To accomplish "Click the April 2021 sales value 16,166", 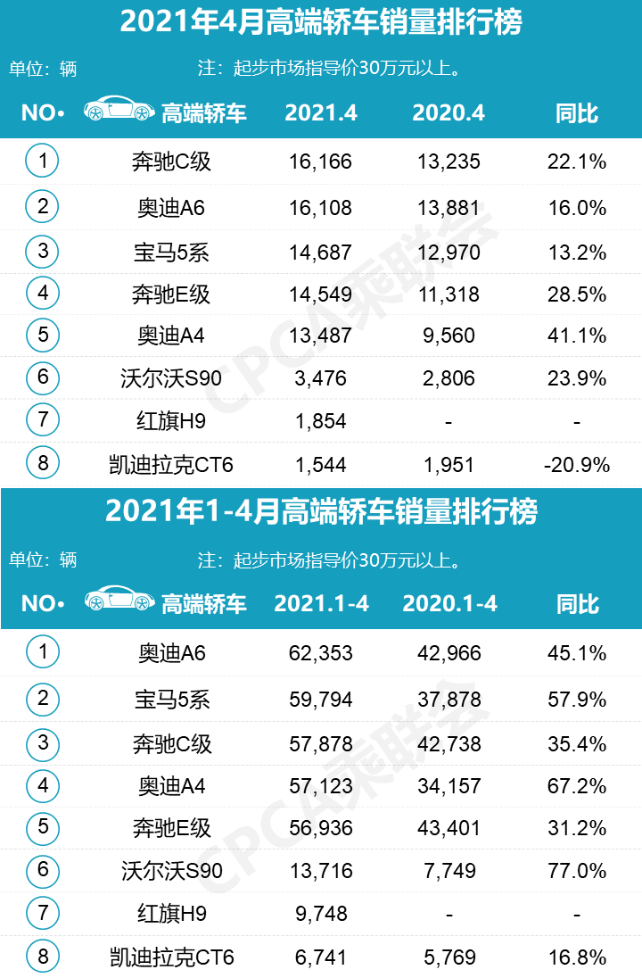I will click(321, 162).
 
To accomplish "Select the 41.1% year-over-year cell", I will click(576, 336).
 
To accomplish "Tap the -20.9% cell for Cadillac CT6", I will click(576, 465).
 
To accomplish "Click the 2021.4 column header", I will click(321, 113).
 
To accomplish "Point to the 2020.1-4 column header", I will click(449, 603).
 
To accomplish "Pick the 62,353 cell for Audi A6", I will click(321, 653).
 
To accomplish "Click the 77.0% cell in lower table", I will click(576, 871).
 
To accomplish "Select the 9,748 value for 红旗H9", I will click(321, 914).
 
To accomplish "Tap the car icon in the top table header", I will click(117, 110).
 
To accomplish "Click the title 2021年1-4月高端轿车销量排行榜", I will click(321, 512).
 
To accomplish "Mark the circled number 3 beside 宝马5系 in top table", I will click(43, 251).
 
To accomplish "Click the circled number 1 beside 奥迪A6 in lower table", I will click(43, 652).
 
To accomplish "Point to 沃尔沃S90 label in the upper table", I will click(171, 378).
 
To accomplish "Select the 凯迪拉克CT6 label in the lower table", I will click(171, 958).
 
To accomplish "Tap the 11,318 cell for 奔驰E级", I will click(449, 294).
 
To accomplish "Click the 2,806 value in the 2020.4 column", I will click(449, 378).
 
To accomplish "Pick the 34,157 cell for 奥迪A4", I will click(449, 786).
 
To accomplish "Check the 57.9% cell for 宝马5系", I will click(576, 699).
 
